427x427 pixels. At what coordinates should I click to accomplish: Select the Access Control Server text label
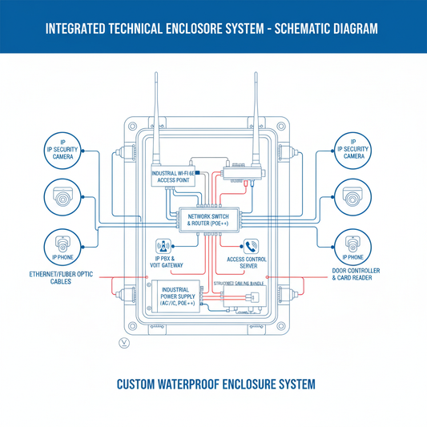[248, 263]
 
